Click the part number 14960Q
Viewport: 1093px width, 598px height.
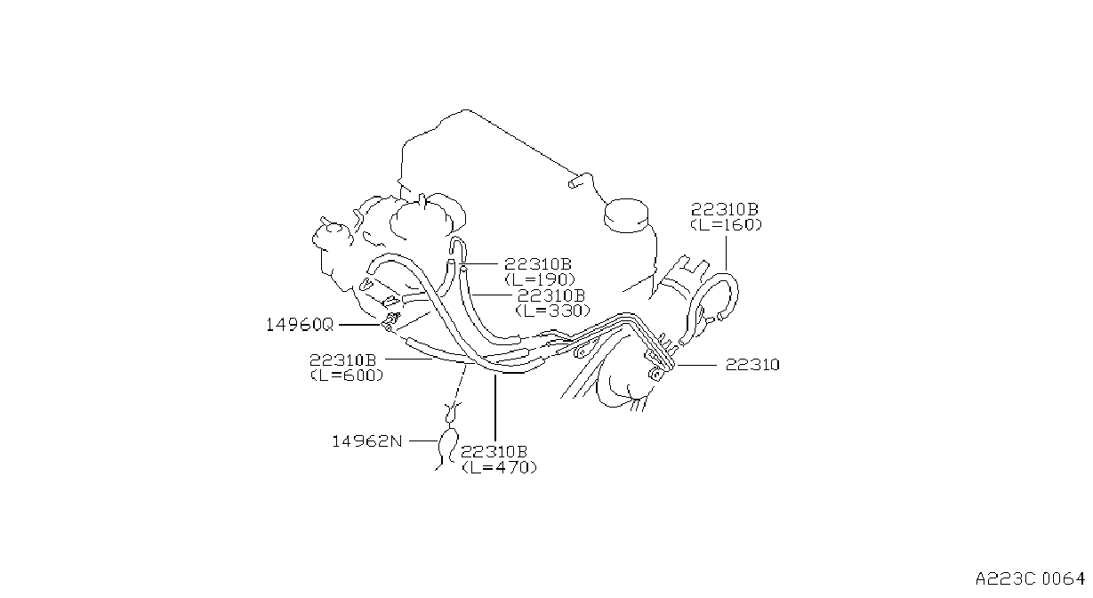tap(300, 325)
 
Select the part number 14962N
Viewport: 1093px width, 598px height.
tap(367, 441)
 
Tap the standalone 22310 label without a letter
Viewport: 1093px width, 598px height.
tap(752, 365)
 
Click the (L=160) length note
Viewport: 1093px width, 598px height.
tap(726, 224)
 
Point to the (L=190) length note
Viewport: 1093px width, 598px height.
tap(540, 279)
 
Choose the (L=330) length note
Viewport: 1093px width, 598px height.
tap(553, 311)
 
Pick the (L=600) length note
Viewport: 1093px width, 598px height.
tap(347, 376)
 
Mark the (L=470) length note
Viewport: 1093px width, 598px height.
tap(499, 467)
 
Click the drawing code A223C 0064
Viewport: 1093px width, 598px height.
tap(1030, 578)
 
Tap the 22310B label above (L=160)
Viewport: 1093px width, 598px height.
tap(725, 209)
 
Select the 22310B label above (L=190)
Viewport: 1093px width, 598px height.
tap(538, 264)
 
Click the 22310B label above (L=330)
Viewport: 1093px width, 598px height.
tap(551, 295)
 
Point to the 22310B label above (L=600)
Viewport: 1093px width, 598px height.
tap(343, 360)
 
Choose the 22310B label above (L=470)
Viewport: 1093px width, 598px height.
tap(494, 451)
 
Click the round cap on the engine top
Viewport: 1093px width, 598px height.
tap(626, 215)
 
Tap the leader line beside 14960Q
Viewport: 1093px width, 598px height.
tap(359, 325)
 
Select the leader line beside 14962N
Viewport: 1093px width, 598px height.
tap(423, 440)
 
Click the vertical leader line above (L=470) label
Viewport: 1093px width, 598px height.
tap(494, 408)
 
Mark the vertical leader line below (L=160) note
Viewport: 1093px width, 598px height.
tap(726, 254)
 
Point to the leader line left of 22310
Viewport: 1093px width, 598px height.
tap(697, 365)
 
